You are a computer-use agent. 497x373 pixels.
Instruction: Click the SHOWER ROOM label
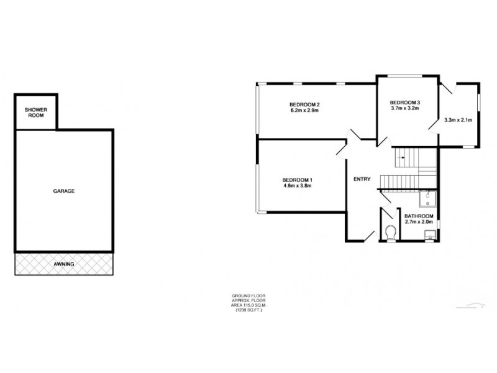(x=36, y=112)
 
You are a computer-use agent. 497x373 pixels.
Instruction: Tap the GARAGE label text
(x=63, y=191)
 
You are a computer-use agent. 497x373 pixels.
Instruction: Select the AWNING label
(x=63, y=264)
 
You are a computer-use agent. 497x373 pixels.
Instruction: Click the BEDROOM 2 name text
(x=304, y=104)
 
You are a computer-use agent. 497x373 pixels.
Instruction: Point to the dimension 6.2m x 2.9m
(x=304, y=111)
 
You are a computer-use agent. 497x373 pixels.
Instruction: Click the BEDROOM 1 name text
(x=297, y=180)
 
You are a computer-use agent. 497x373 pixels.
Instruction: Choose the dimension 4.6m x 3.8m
(x=297, y=186)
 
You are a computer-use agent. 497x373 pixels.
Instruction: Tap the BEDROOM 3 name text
(x=405, y=102)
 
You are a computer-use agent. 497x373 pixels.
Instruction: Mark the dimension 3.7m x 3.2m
(x=405, y=108)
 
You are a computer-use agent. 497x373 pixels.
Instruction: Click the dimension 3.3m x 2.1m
(x=458, y=120)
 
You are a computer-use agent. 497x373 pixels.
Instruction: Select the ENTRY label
(x=362, y=180)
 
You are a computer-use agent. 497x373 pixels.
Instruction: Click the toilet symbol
(x=391, y=233)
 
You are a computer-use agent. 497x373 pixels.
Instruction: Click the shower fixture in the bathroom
(x=429, y=198)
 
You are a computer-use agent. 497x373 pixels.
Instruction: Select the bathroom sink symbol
(x=429, y=234)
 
